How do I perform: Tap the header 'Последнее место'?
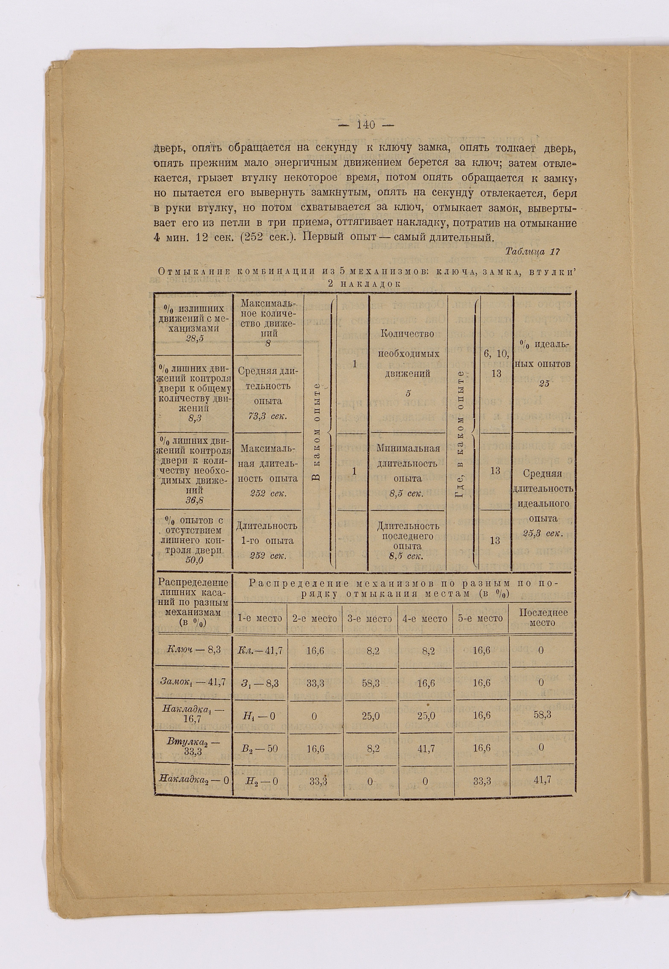[x=543, y=617]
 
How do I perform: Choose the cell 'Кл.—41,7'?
[x=260, y=650]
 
